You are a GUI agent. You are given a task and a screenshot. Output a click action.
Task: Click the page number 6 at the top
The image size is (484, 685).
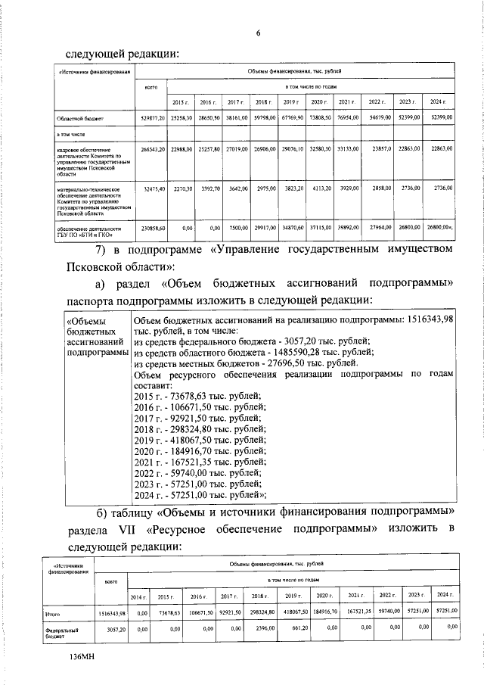pyautogui.click(x=258, y=33)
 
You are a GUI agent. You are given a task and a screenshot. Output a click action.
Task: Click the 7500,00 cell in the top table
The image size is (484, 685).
pyautogui.click(x=237, y=228)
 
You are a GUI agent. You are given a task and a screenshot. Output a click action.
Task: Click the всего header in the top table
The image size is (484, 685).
pyautogui.click(x=150, y=88)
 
